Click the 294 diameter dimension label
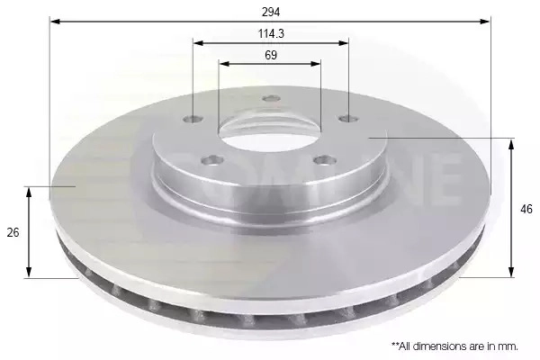click(271, 12)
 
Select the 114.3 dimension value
click(271, 34)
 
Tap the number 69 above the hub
click(271, 55)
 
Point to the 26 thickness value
click(13, 232)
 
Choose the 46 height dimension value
click(526, 209)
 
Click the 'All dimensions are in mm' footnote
click(454, 346)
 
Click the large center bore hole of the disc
click(270, 130)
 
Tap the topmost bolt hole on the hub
click(272, 98)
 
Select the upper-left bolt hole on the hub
click(193, 119)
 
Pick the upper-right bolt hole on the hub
click(348, 119)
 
